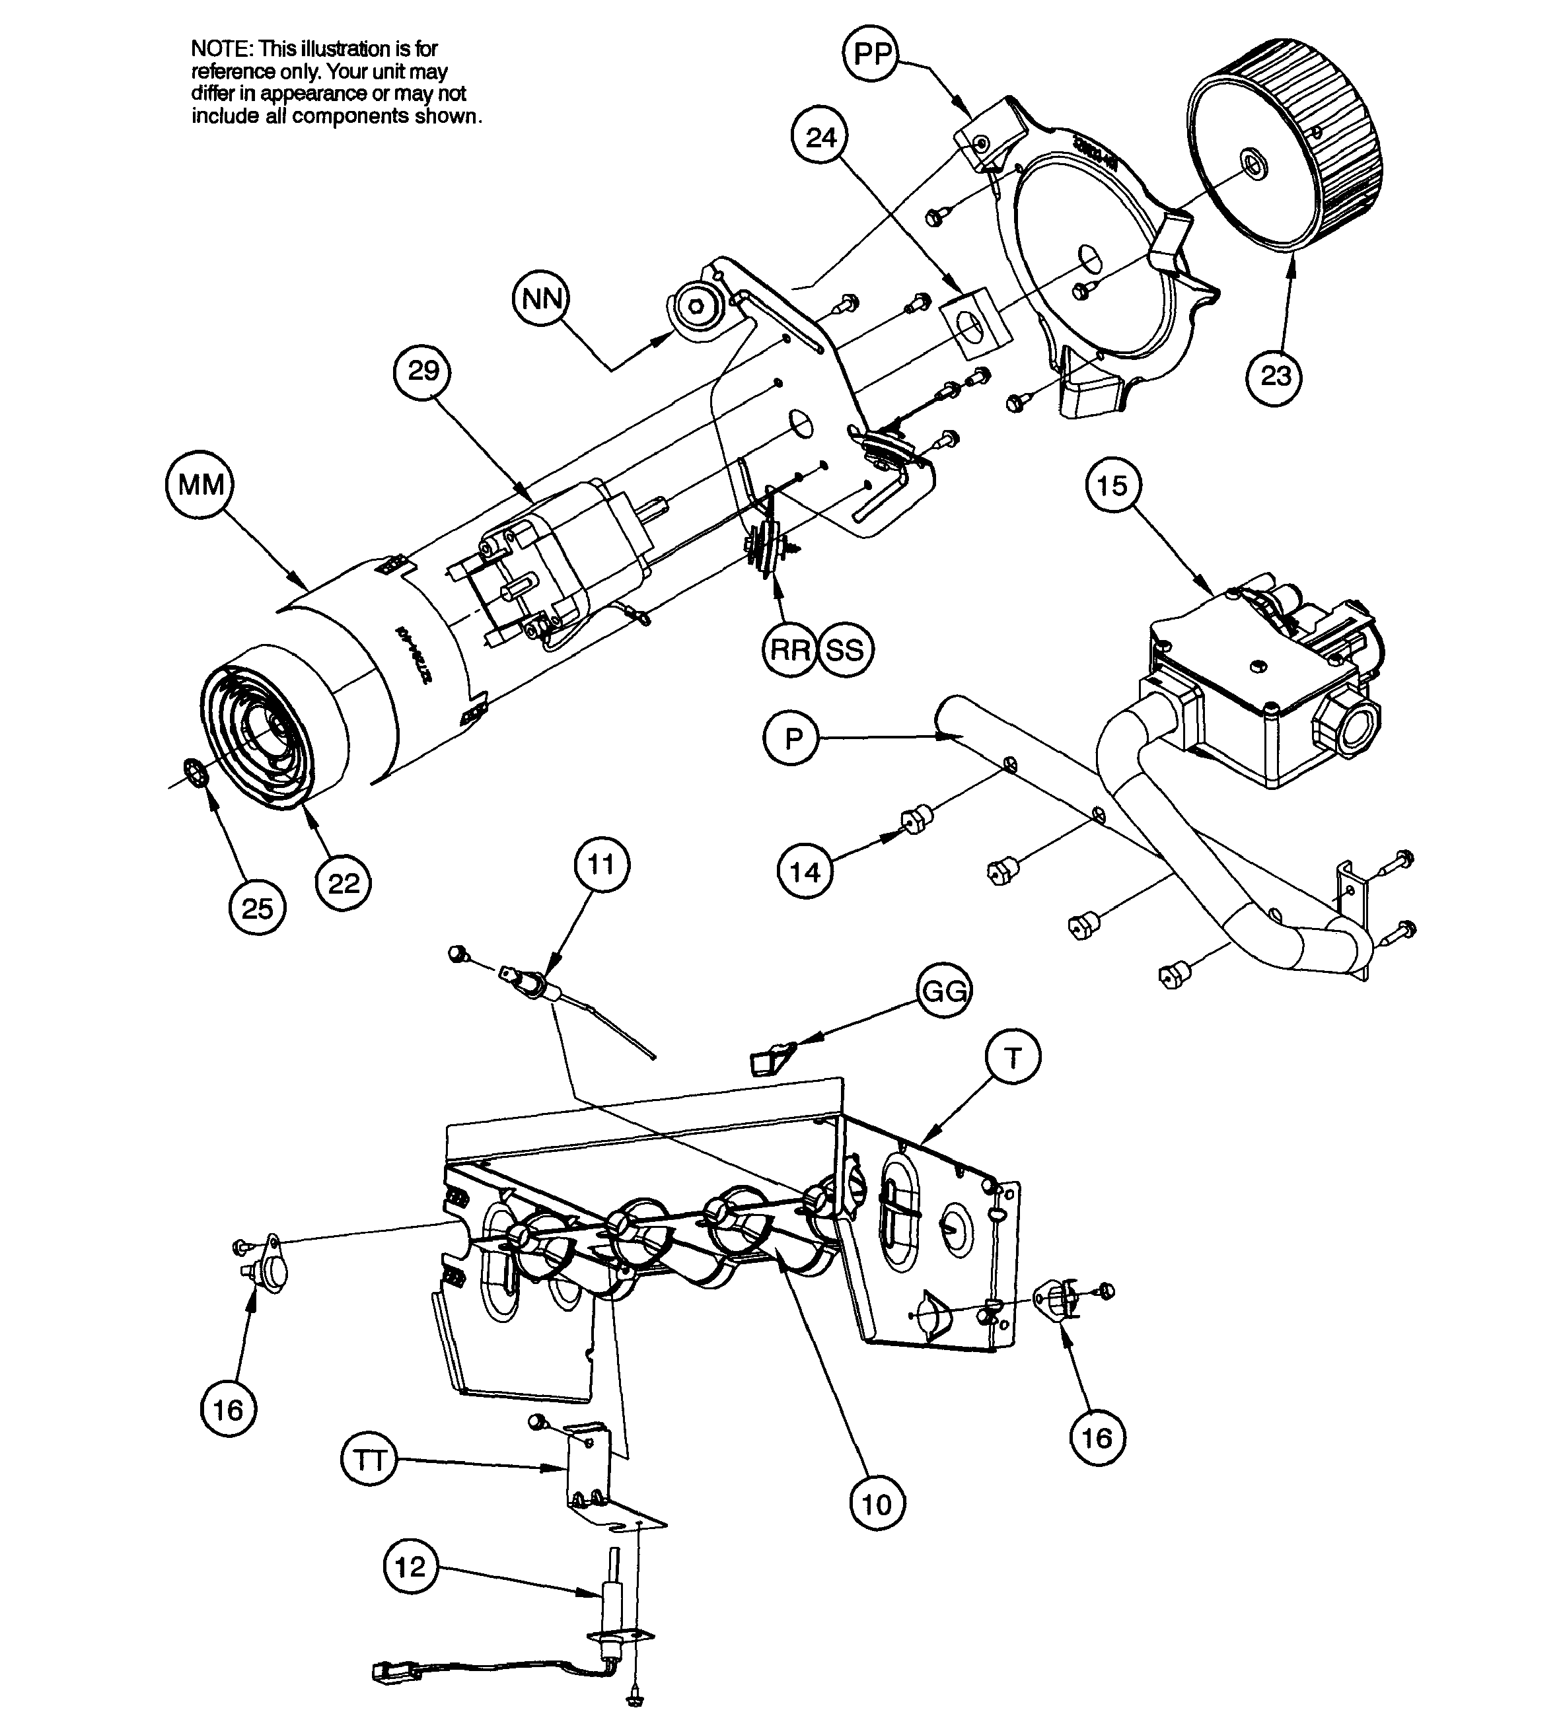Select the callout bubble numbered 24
pyautogui.click(x=820, y=138)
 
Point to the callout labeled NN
pyautogui.click(x=542, y=299)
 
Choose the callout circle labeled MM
pyautogui.click(x=201, y=485)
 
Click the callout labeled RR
pyautogui.click(x=790, y=651)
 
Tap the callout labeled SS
pyautogui.click(x=844, y=651)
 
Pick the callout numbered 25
pyautogui.click(x=257, y=908)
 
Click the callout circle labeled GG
pyautogui.click(x=944, y=991)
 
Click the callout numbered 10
pyautogui.click(x=877, y=1504)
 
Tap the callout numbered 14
pyautogui.click(x=805, y=871)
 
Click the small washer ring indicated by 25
pyautogui.click(x=195, y=775)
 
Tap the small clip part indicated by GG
pyautogui.click(x=768, y=1059)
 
